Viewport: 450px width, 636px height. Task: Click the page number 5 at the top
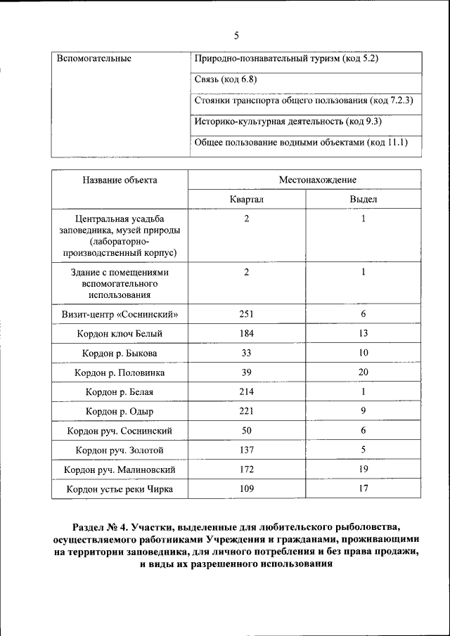236,35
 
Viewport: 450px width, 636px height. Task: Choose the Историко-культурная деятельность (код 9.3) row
288,122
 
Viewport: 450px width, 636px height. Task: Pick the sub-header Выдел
364,200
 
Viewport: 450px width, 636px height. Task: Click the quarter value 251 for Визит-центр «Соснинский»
246,313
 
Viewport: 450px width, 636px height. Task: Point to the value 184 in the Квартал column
246,333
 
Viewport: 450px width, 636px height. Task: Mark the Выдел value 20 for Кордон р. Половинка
364,372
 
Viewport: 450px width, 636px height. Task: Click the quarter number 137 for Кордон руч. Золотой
246,450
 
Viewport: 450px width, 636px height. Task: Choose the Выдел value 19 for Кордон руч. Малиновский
364,469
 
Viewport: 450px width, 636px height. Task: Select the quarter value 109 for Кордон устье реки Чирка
246,488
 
